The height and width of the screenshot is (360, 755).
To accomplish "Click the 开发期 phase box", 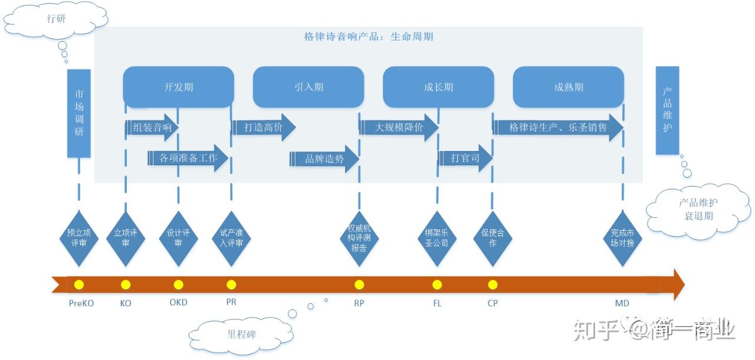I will [x=178, y=87].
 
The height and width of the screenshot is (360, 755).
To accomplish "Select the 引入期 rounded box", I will [x=308, y=87].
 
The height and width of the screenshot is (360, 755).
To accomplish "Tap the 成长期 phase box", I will [x=438, y=87].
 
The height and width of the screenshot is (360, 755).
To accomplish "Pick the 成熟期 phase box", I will [x=568, y=87].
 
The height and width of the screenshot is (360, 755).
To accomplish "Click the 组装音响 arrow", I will [x=152, y=127].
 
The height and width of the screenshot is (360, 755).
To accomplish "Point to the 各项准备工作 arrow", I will [x=188, y=158].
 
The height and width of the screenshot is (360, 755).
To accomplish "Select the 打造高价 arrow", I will [x=264, y=127].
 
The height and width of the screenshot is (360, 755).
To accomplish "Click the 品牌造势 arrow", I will [x=324, y=159].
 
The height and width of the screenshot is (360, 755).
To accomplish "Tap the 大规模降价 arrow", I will [x=399, y=127].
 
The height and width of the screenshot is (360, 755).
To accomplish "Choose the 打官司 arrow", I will [x=465, y=158].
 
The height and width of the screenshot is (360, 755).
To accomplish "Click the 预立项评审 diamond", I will [x=78, y=238].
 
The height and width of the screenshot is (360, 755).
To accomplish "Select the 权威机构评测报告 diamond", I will [x=359, y=238].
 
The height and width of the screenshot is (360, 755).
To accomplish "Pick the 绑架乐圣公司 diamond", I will [x=436, y=238].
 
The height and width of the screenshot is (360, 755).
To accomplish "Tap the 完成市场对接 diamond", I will [x=622, y=238].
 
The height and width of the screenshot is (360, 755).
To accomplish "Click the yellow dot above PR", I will [x=231, y=285].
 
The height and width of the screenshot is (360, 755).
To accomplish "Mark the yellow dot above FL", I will [x=436, y=285].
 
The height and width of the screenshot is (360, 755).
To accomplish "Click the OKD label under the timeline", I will [x=178, y=303].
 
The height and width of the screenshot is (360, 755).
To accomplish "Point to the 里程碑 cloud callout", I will [x=242, y=335].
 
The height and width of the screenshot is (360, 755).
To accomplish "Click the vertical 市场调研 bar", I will [x=79, y=113].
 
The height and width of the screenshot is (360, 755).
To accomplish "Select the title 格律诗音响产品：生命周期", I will [x=369, y=37].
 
